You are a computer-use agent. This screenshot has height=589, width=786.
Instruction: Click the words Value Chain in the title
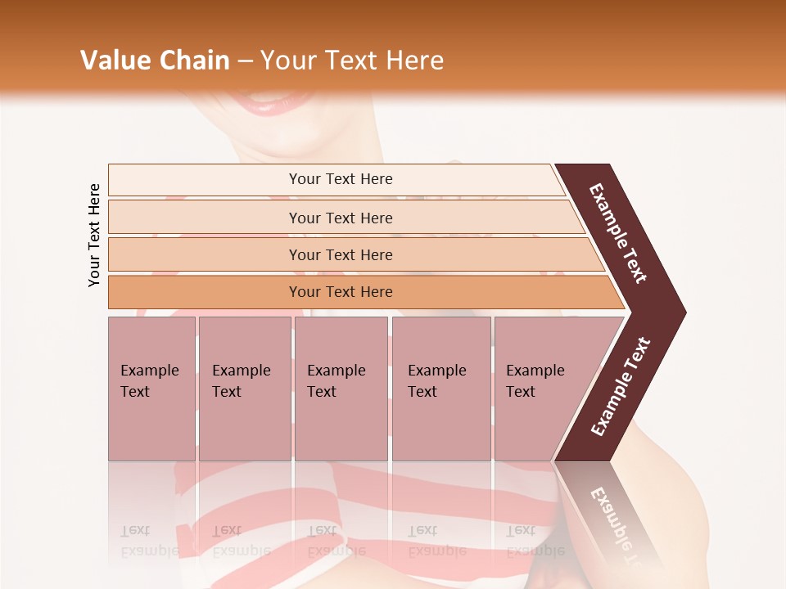(x=155, y=61)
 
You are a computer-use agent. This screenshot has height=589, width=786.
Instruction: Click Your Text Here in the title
(x=352, y=61)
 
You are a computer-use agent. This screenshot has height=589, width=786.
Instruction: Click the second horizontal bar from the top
(x=341, y=218)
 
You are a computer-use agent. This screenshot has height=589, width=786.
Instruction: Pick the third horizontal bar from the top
(x=341, y=254)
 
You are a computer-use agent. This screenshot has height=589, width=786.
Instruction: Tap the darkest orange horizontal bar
(x=341, y=292)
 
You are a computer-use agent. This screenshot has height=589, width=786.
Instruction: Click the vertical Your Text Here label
(x=94, y=235)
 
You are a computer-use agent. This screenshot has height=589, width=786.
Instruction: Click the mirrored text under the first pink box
(x=149, y=541)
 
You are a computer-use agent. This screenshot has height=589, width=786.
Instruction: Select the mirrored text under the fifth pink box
(x=535, y=541)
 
